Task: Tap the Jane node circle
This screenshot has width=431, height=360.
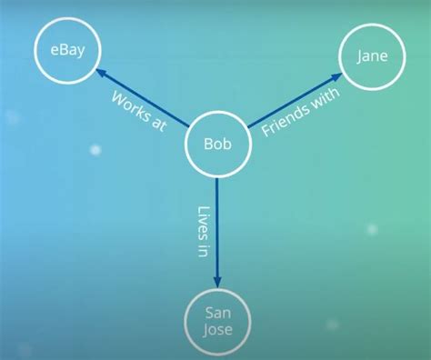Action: coord(371,57)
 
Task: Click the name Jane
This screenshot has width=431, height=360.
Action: coord(371,57)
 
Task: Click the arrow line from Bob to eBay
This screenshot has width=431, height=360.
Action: coord(145,100)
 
